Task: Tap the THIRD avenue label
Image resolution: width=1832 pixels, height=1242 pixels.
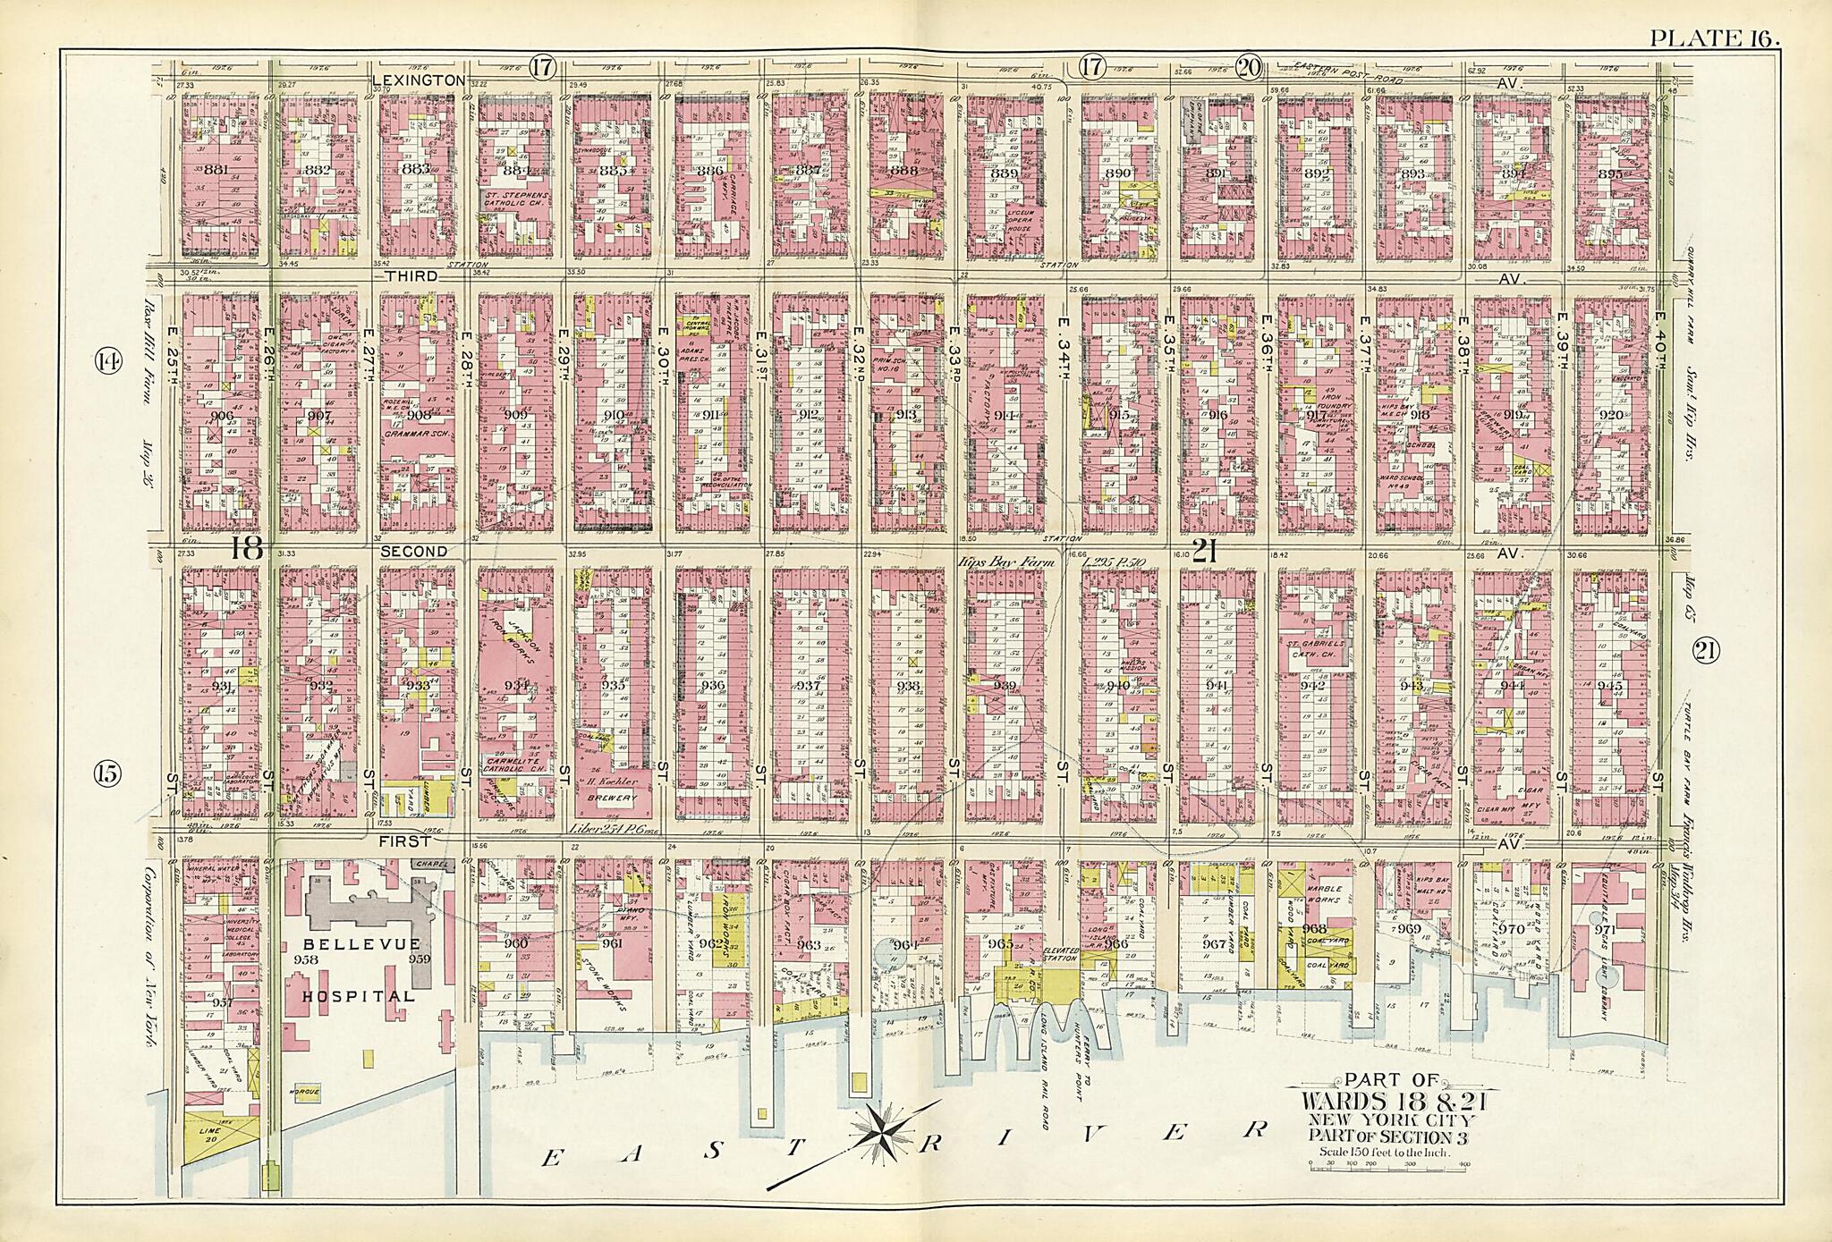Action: point(411,276)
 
